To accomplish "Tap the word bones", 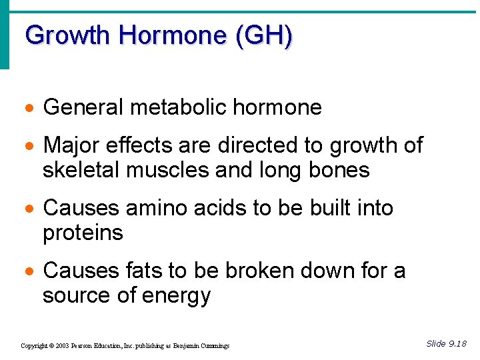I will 339,170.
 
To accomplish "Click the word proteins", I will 83,233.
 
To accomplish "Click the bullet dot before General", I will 29,108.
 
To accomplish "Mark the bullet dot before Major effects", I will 29,146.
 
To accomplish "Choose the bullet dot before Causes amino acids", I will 29,209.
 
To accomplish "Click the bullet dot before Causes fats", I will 29,271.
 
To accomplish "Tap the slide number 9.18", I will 457,344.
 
